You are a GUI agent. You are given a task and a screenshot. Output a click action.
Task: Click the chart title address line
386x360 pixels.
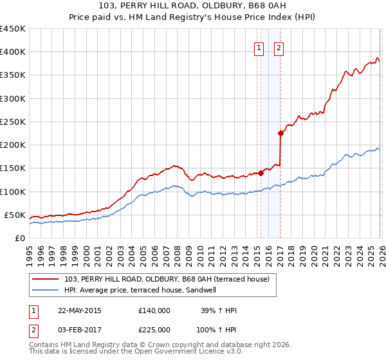(193, 6)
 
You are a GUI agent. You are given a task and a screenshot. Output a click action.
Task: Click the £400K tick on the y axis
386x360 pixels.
(13, 52)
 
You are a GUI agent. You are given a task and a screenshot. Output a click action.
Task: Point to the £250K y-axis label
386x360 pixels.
(13, 122)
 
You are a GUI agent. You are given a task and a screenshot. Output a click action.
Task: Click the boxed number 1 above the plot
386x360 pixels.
(259, 47)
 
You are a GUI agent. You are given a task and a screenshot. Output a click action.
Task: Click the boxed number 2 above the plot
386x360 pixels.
(279, 47)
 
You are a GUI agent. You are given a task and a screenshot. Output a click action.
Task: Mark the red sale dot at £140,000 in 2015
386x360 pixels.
(261, 172)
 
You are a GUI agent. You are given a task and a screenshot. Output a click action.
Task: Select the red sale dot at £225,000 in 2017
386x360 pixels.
(280, 133)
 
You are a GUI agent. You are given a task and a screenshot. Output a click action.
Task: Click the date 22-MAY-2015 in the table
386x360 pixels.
(79, 310)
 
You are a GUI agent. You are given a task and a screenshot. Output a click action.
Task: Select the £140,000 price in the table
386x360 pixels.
(154, 310)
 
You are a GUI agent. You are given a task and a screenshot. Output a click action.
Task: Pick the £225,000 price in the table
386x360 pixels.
(154, 330)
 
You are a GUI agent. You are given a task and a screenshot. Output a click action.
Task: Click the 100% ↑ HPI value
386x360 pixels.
(217, 330)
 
